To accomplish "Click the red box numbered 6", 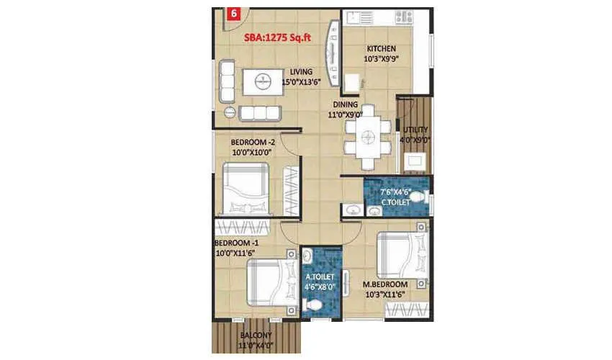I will pos(233,13).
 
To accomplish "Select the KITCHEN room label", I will pos(381,49).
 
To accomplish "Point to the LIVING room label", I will pos(301,72).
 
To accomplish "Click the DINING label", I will pos(345,104).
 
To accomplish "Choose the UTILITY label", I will pos(416,130).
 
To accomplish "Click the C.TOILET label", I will pos(395,204).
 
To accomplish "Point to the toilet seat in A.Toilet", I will pos(313,305).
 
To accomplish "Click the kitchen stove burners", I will pos(402,16).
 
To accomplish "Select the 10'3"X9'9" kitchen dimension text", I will pos(381,59).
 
